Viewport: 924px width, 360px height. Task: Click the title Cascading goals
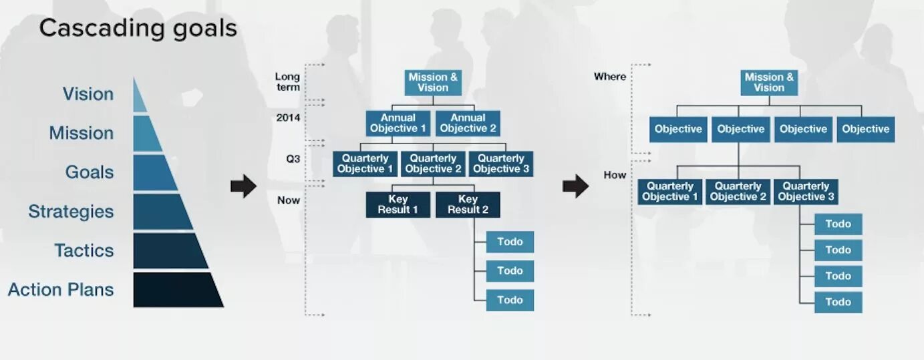coord(138,29)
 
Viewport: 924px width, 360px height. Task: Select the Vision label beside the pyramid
coord(88,94)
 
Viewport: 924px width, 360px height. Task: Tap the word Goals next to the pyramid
coord(90,172)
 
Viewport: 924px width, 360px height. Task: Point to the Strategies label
coord(71,212)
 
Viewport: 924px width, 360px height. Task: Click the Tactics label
coord(84,250)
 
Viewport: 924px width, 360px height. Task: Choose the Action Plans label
coord(61,290)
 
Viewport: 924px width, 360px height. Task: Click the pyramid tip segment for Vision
coord(139,98)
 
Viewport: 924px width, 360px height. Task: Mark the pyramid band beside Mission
coord(146,134)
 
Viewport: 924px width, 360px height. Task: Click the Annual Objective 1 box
coord(398,124)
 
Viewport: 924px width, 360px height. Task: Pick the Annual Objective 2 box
coord(468,124)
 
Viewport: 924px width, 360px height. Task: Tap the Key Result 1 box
coord(398,204)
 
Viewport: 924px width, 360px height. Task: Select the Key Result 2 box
coord(468,204)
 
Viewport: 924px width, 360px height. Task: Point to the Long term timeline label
coord(287,82)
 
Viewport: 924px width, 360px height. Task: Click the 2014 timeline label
coord(288,118)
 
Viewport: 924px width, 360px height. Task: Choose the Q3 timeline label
coord(293,159)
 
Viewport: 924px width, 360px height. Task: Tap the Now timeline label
coord(289,200)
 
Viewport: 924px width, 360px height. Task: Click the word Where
coord(610,77)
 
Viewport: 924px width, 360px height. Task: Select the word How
coord(615,175)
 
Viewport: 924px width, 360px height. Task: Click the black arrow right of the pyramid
coord(243,186)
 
